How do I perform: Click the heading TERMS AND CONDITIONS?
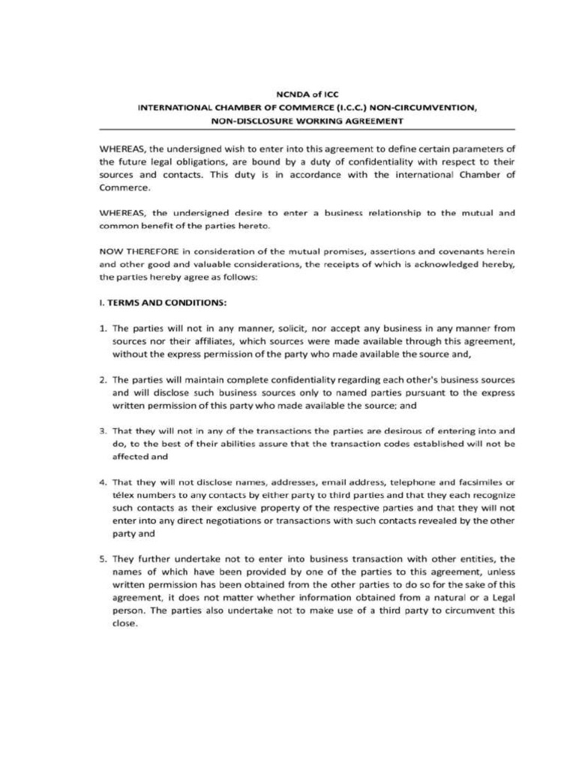[166, 304]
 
